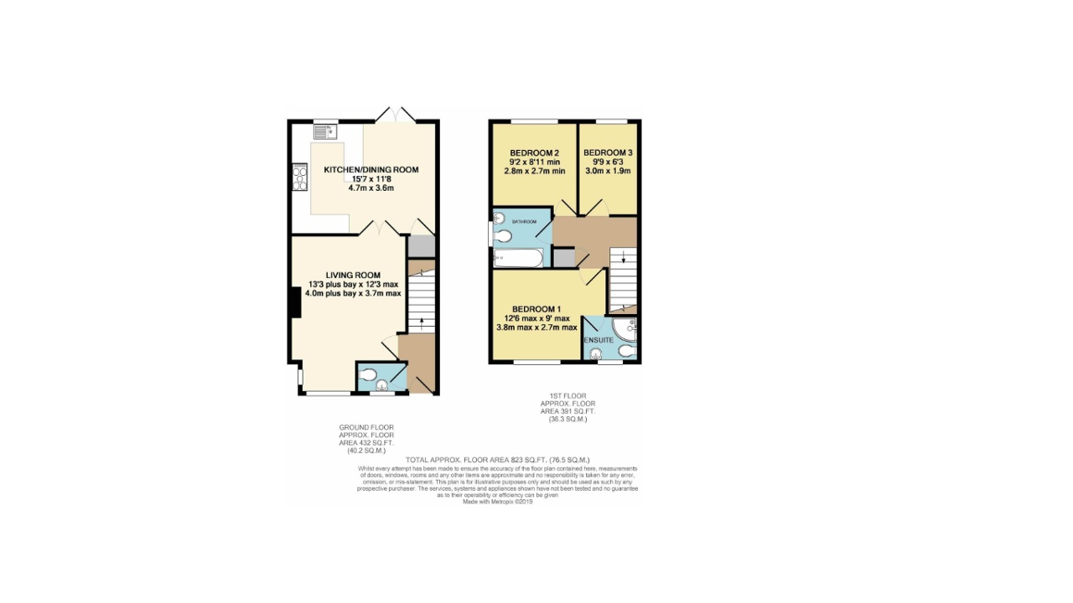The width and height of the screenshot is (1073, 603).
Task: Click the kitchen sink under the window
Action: pos(325,131)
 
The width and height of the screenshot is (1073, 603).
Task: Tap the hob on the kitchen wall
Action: pos(299,178)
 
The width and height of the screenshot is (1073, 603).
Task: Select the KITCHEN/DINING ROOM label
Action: pos(371,170)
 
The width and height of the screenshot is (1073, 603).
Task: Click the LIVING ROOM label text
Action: pos(353,275)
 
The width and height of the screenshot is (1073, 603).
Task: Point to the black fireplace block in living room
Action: pos(295,302)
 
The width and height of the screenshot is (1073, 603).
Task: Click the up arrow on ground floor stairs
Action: pos(421,322)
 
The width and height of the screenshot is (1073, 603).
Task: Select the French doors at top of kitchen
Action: pos(394,115)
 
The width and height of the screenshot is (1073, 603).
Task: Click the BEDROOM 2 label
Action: pos(534,153)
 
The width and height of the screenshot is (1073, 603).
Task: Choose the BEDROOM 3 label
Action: pos(608,153)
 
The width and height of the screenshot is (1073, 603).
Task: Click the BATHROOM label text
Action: pos(524,221)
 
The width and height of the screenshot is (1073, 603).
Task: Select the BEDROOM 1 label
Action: pos(536,308)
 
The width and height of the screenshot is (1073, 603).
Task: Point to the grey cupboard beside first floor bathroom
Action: pos(563,258)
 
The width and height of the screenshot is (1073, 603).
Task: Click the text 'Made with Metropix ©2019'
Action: pos(497,502)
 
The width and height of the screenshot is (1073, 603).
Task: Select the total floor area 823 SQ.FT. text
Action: pos(497,460)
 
